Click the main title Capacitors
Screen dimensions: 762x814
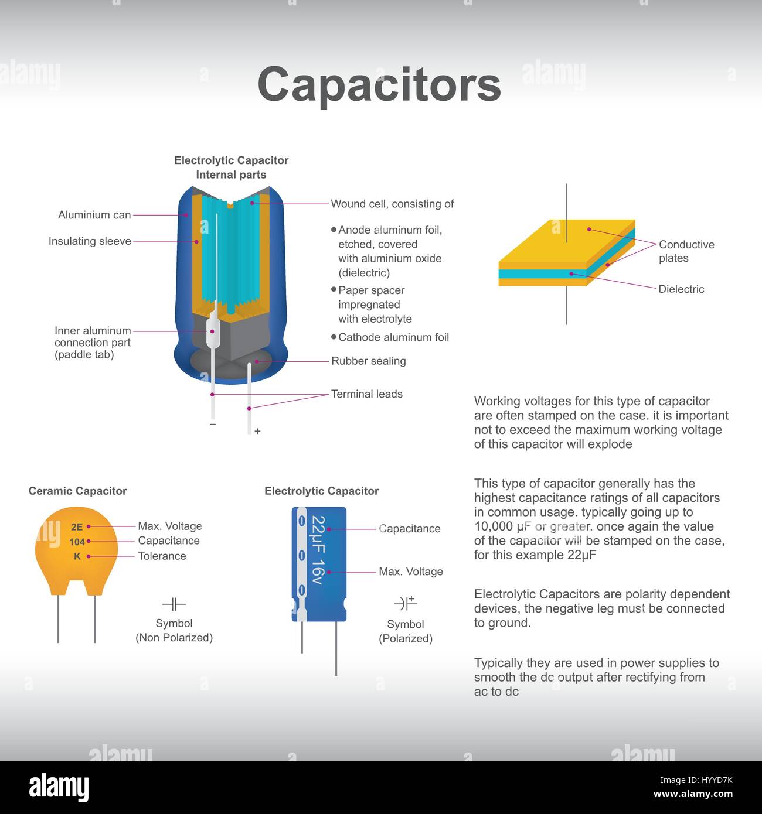pos(379,84)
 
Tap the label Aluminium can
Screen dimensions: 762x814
pos(94,215)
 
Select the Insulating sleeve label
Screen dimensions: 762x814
pos(90,241)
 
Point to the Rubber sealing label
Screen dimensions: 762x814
pos(369,361)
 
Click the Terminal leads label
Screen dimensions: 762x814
pos(367,394)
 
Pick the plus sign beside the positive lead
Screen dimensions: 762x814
pos(257,431)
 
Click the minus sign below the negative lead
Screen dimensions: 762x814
pos(213,424)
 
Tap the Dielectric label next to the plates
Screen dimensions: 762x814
pos(681,289)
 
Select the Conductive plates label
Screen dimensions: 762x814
pos(686,251)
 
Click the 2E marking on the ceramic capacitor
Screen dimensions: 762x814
pos(77,527)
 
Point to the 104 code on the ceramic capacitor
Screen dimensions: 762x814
pos(77,542)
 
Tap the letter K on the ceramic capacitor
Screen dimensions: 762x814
pos(77,556)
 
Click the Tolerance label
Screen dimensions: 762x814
pos(162,556)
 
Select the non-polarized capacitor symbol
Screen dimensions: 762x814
pos(174,604)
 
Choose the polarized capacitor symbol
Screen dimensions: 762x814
pos(406,603)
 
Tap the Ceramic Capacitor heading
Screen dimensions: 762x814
pos(77,491)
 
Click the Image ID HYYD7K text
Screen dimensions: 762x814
pos(696,780)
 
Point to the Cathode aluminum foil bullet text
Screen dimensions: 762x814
pos(393,337)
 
